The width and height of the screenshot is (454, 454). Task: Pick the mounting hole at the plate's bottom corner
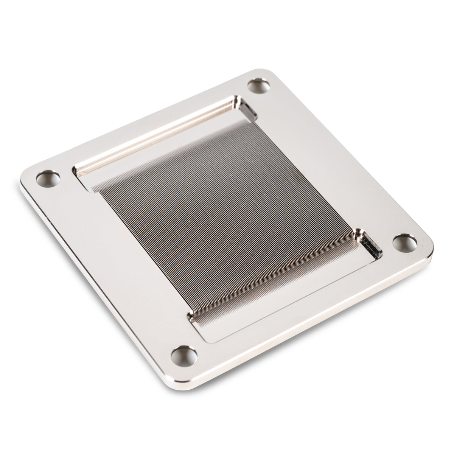(185, 355)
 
